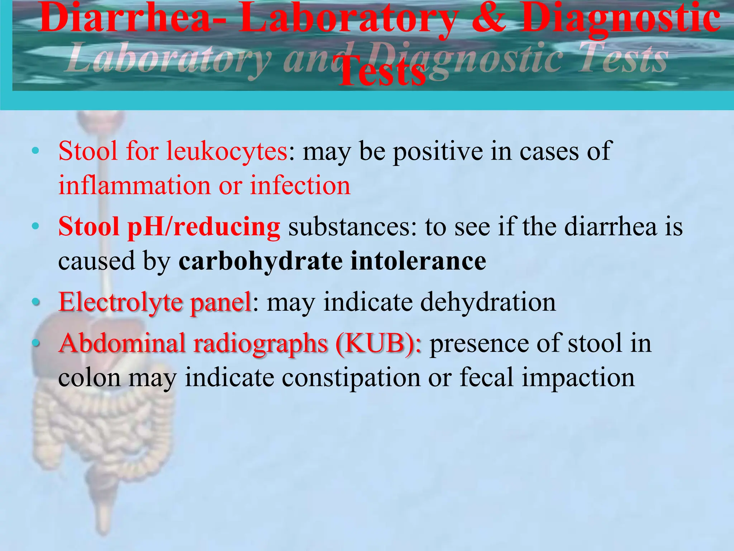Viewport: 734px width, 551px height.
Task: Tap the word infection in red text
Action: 300,185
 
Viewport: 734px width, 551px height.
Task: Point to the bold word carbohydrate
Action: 261,261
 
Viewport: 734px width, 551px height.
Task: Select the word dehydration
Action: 488,302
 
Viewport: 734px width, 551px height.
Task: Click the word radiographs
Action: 261,343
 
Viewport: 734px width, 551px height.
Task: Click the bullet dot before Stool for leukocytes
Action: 35,151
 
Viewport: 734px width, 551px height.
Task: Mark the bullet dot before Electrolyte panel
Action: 35,302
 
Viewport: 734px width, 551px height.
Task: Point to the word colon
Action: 90,378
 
